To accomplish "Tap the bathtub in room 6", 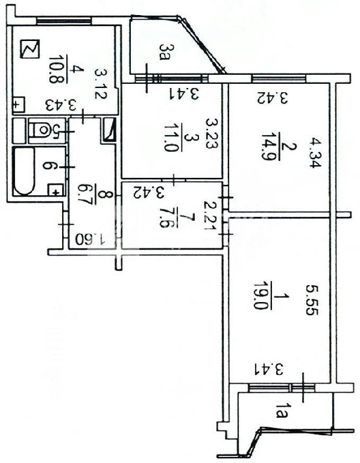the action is (x=25, y=171).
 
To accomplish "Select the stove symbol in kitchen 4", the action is (x=30, y=49).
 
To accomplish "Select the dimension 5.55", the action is (x=312, y=300).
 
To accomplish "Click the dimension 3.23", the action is (x=212, y=133).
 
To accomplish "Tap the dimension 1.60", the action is (x=90, y=239).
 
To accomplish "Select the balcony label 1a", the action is (x=281, y=411).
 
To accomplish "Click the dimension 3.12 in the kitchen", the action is (x=101, y=84).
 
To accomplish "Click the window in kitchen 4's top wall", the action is (x=63, y=20).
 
